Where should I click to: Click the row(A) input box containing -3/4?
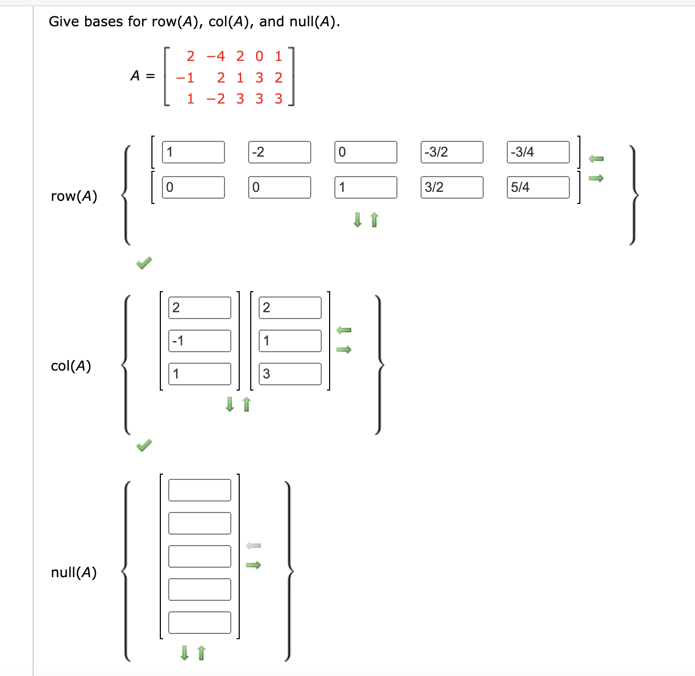tap(538, 152)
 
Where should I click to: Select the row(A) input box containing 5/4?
tap(538, 187)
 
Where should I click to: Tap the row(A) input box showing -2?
tap(279, 152)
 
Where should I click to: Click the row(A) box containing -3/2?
tap(452, 152)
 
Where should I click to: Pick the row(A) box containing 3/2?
tap(452, 187)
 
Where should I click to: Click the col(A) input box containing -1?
tap(199, 341)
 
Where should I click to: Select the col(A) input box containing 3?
tap(290, 374)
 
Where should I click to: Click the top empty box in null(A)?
tap(199, 490)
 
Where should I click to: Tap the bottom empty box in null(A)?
tap(199, 622)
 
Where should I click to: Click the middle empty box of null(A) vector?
tap(199, 556)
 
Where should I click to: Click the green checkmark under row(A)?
tap(144, 262)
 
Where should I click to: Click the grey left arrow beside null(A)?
tap(253, 546)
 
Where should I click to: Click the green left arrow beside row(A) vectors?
tap(596, 158)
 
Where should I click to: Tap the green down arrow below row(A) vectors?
tap(357, 219)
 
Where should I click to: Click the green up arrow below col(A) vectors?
tap(247, 404)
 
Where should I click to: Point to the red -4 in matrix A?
tap(216, 56)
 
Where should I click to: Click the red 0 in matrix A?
tap(259, 56)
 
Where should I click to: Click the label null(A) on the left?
tap(74, 572)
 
